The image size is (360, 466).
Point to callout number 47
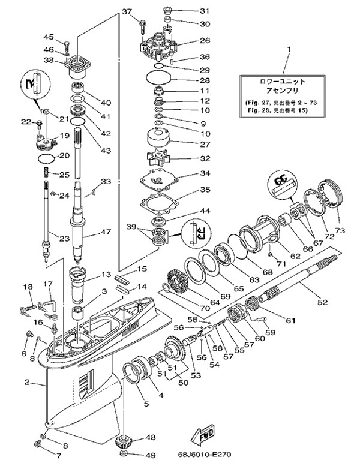coord(106,232)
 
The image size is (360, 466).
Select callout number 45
coord(49,37)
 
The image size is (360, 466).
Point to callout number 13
coord(107,274)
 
